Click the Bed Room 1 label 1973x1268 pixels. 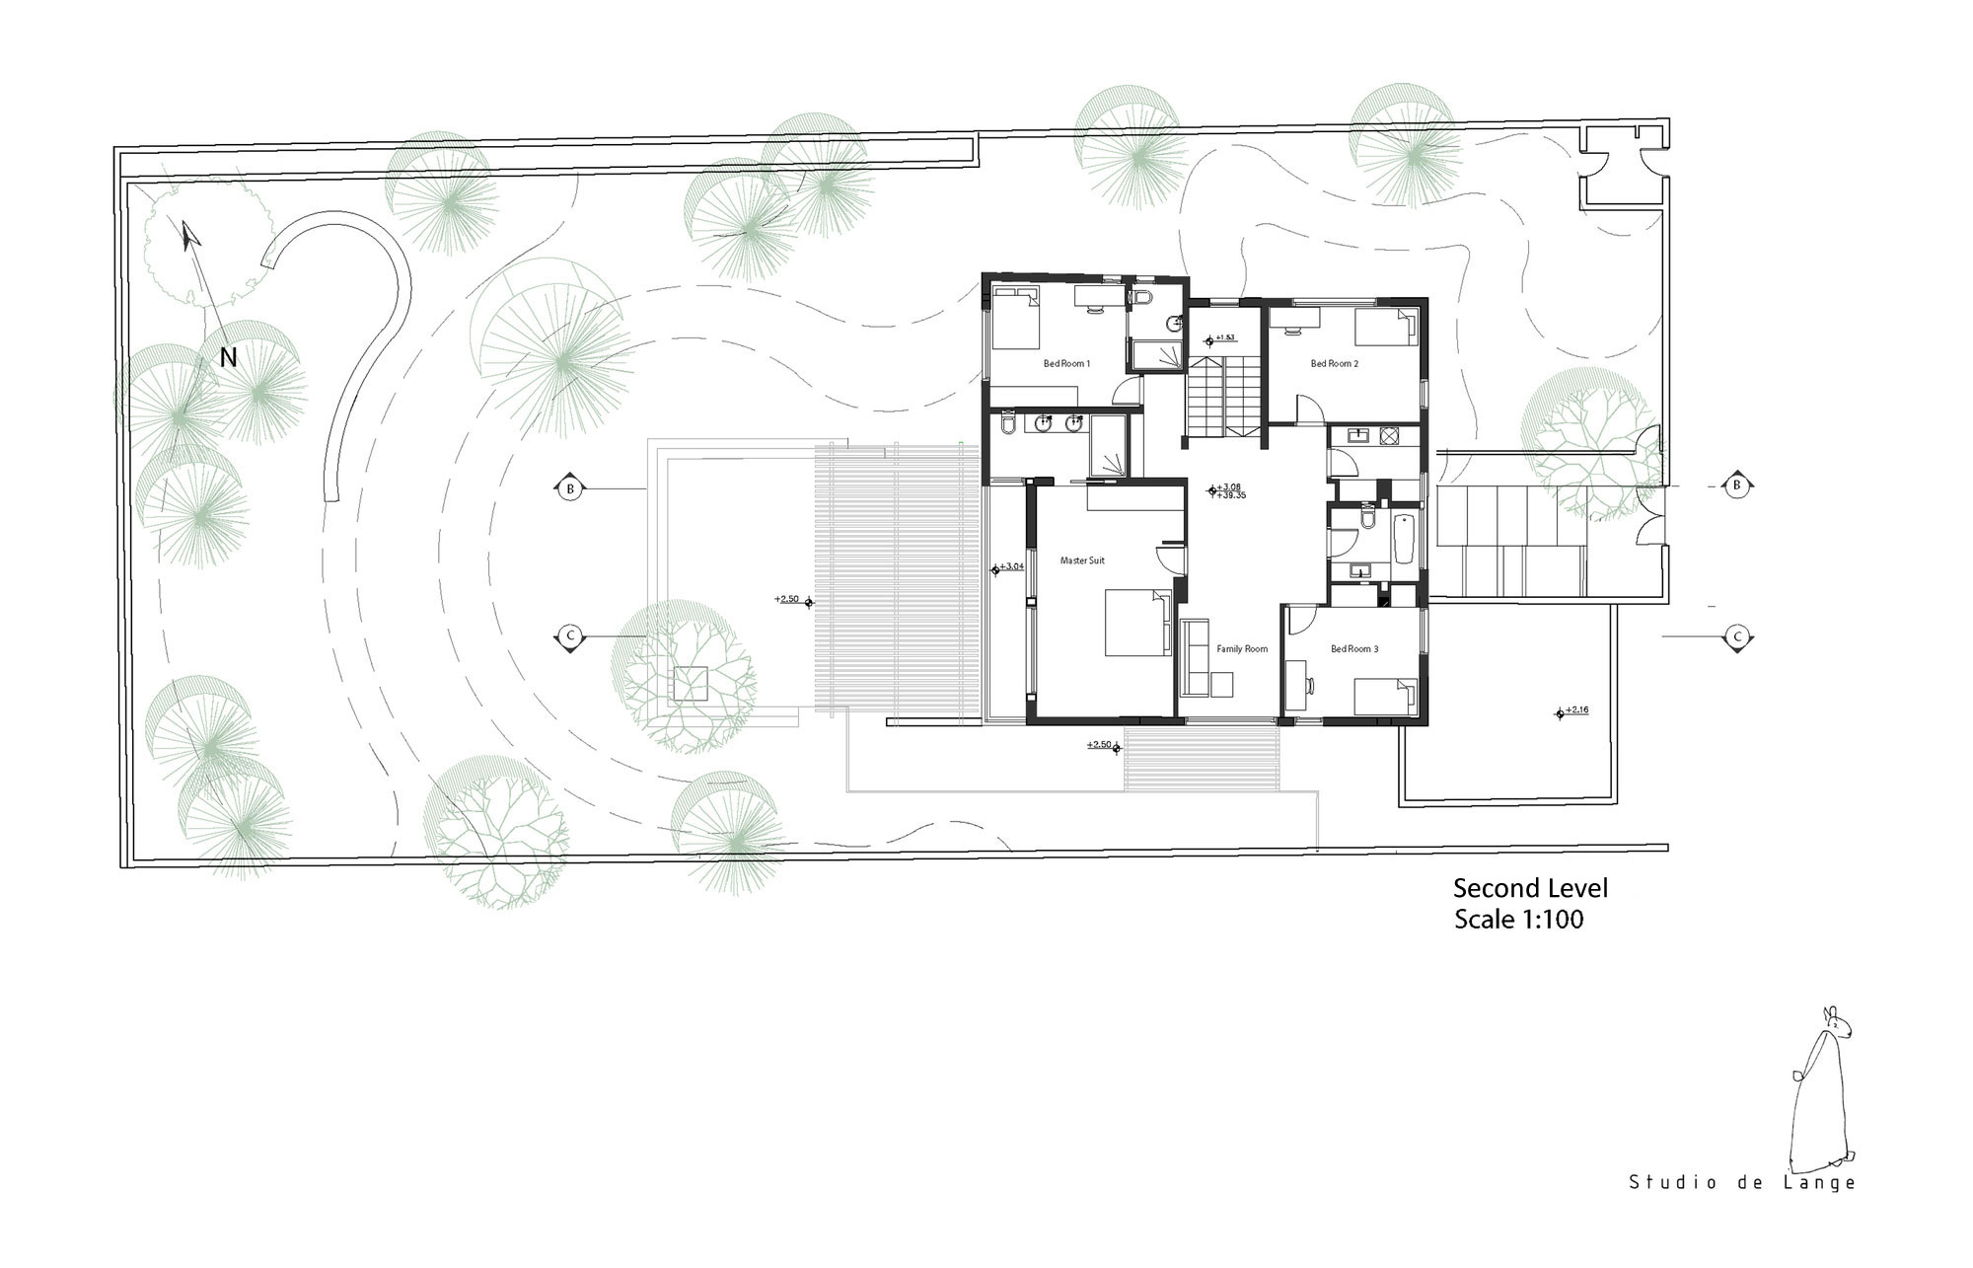tap(1066, 364)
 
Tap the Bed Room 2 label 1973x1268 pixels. tap(1334, 364)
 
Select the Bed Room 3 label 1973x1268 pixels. tap(1353, 649)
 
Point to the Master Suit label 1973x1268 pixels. tap(1081, 560)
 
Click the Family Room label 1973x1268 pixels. tap(1241, 649)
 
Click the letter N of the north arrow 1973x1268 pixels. tap(228, 358)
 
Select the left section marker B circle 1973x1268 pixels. tap(569, 488)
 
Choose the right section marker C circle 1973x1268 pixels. tap(1738, 637)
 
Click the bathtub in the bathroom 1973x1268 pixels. tap(1405, 539)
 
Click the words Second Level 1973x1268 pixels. tap(1529, 888)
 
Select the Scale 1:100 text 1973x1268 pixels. tap(1518, 920)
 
